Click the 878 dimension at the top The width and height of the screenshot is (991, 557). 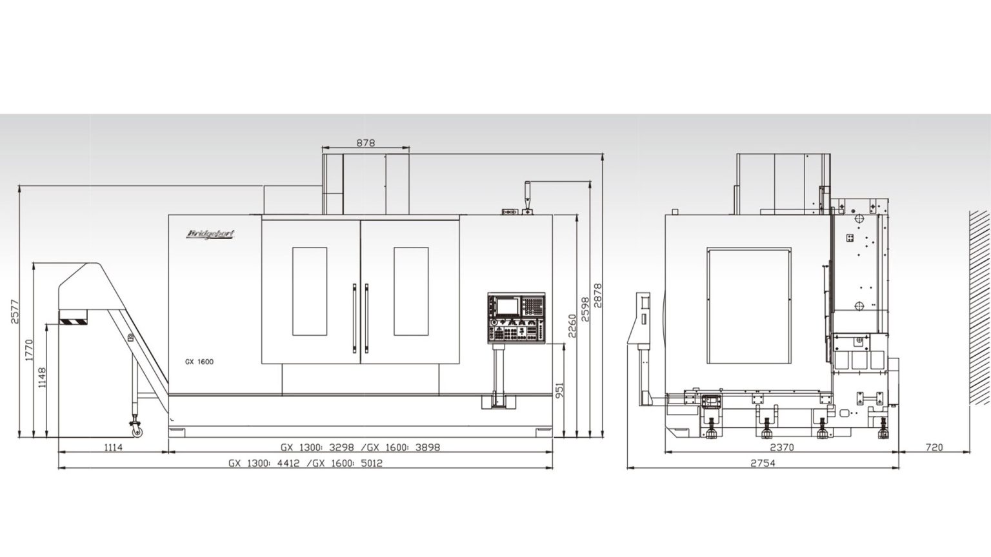[366, 144]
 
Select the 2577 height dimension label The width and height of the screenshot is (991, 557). [15, 312]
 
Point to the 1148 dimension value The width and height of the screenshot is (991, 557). [43, 377]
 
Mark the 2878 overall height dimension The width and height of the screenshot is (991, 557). [598, 295]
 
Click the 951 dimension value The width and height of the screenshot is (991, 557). [559, 391]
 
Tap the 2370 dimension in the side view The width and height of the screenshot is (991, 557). [781, 447]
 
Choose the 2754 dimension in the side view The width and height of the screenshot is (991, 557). [763, 463]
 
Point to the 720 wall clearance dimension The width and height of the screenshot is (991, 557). [934, 447]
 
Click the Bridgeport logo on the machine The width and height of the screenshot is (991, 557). [210, 233]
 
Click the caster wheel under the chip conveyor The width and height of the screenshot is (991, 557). [136, 425]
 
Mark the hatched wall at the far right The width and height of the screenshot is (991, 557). [978, 329]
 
